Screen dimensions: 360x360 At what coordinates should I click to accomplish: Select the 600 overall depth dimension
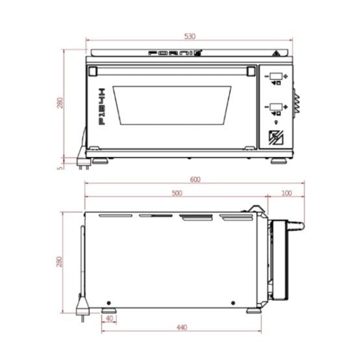point(195,180)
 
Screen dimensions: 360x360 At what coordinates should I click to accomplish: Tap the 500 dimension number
point(176,193)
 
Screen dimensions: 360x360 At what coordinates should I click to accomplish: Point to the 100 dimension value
point(287,193)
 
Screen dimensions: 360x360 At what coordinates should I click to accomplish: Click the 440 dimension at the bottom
point(182,328)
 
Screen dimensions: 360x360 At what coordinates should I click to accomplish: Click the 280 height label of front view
point(60,104)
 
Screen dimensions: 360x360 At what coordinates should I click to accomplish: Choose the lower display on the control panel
point(276,106)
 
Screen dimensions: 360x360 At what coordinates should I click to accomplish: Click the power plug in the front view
point(82,160)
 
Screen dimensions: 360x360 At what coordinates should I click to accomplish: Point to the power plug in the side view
point(83,304)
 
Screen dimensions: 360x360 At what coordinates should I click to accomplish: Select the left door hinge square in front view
point(93,69)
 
